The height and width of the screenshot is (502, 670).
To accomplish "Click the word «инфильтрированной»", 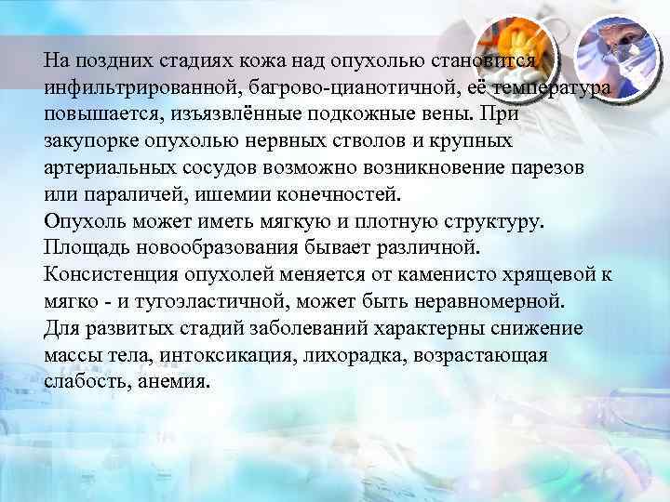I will coord(126,86).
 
